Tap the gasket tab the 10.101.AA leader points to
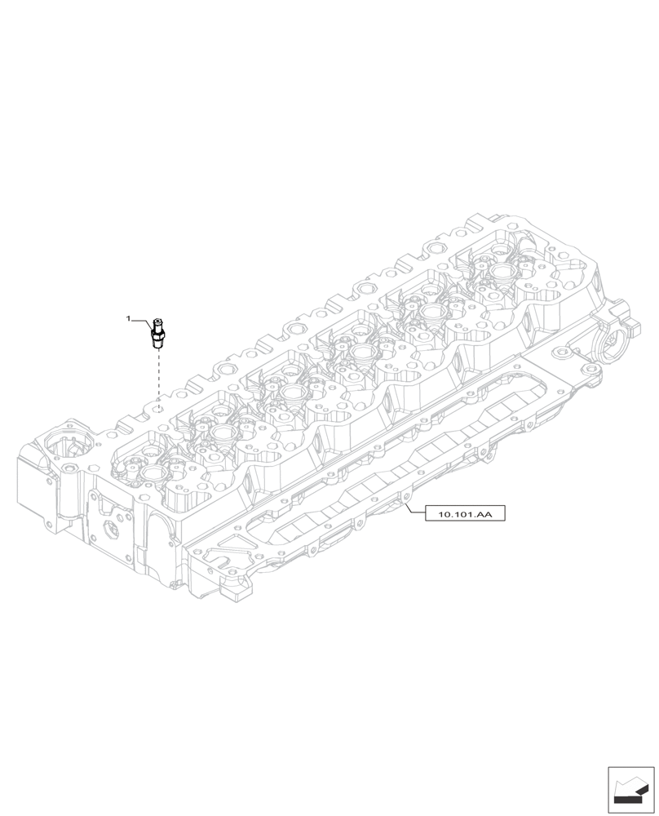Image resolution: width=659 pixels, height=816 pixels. (x=403, y=496)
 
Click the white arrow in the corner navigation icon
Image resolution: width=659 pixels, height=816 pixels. (x=629, y=787)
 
